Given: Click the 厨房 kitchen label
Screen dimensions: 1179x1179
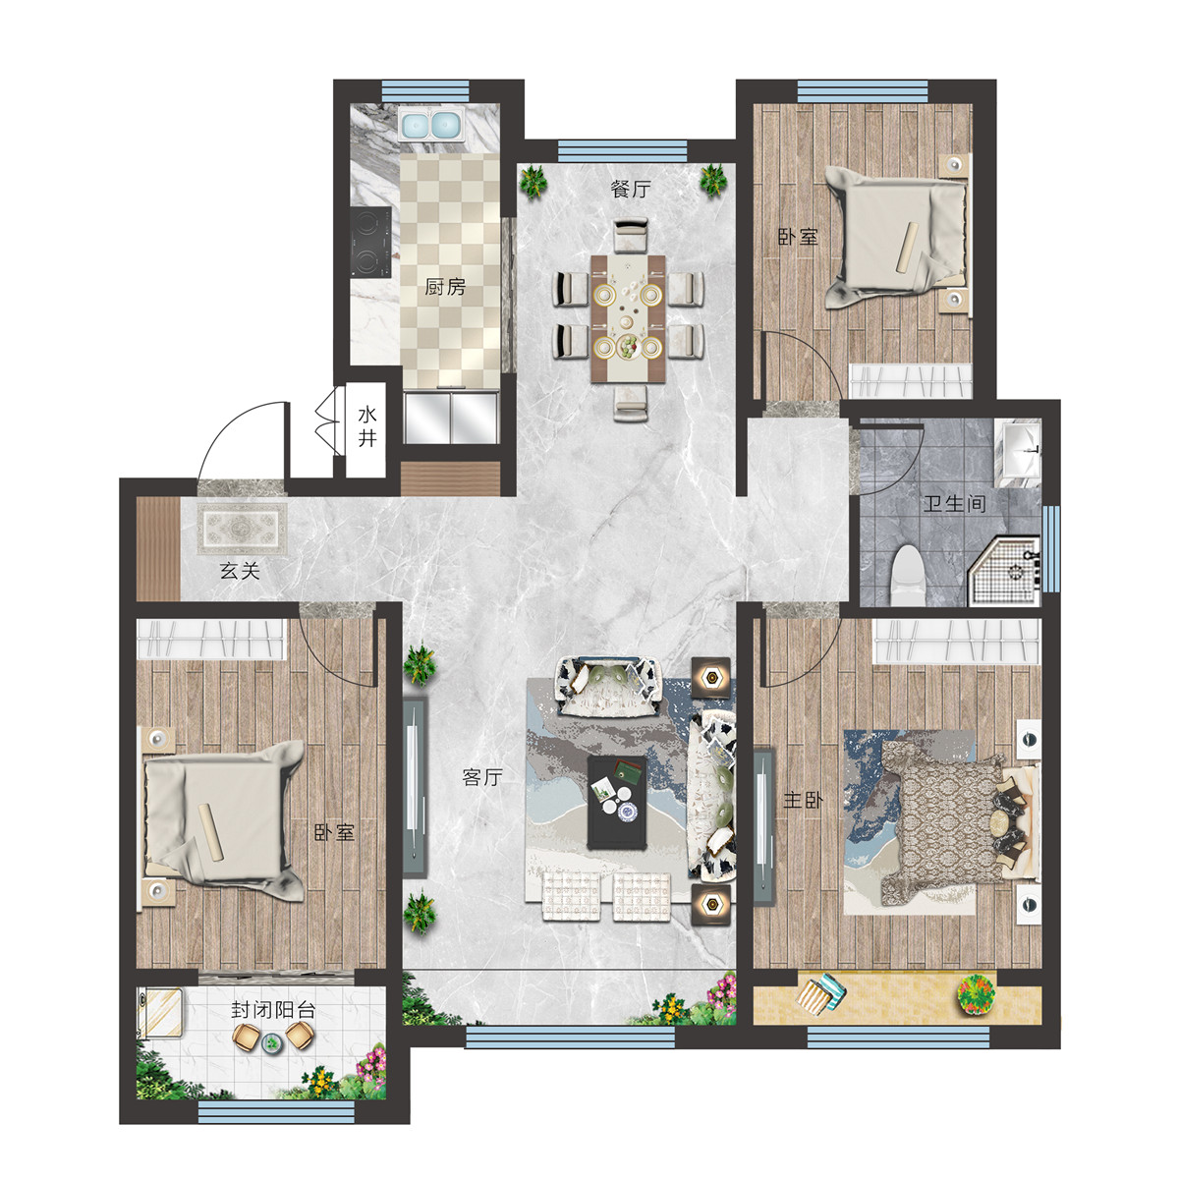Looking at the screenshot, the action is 445,286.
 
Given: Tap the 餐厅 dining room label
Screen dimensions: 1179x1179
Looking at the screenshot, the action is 630,189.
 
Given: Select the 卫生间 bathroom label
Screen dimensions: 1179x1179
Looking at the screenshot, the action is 954,504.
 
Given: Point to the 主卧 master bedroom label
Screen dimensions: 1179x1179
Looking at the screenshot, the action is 803,800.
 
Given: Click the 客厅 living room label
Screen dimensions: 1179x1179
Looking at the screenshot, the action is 482,777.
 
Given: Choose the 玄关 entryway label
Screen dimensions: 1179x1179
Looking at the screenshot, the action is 240,571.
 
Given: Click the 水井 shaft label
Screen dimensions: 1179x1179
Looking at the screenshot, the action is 367,426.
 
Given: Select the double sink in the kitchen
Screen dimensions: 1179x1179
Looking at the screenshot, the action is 431,125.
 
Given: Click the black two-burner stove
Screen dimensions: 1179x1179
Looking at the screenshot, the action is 370,243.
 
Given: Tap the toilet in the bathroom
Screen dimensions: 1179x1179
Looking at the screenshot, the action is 908,573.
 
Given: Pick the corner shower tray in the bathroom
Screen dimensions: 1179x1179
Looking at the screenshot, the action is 1004,572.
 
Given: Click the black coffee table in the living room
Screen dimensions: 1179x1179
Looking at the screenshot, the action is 617,802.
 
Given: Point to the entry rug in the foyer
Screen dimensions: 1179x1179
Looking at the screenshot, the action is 243,530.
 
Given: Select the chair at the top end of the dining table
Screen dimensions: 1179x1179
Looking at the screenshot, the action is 631,235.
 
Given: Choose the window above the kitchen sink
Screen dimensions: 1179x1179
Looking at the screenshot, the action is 425,91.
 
